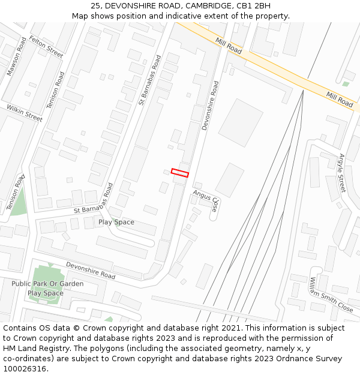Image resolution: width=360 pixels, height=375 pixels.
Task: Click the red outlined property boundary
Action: click(x=180, y=173)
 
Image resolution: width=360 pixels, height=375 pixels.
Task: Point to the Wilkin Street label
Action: click(x=25, y=113)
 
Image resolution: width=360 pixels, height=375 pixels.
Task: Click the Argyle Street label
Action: click(x=342, y=173)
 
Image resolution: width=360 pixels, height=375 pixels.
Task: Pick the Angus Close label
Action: click(x=206, y=201)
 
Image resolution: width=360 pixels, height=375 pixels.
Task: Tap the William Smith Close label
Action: click(x=331, y=295)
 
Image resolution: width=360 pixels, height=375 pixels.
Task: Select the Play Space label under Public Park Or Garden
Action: click(x=46, y=293)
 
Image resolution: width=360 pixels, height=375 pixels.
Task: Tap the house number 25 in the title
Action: click(x=96, y=5)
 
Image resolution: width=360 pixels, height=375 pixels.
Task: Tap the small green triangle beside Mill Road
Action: click(x=346, y=84)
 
